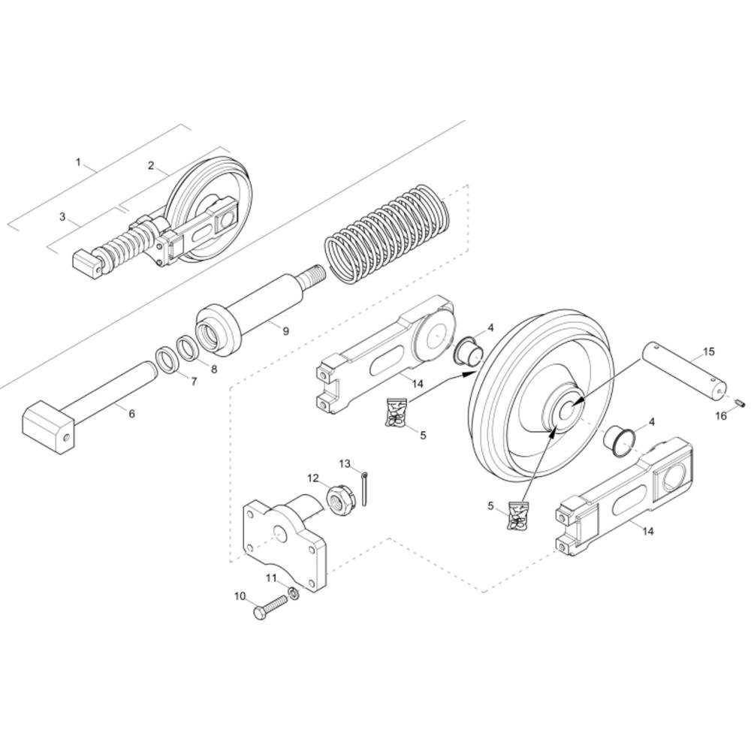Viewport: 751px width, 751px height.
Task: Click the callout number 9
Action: click(x=286, y=330)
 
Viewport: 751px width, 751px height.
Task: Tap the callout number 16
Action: click(x=721, y=416)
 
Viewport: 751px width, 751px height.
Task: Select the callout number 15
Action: click(x=709, y=351)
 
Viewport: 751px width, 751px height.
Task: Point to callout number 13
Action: click(x=345, y=463)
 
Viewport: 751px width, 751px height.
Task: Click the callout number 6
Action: click(x=132, y=412)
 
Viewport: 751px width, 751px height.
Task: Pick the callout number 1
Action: click(x=79, y=162)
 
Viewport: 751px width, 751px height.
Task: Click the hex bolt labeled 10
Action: click(x=270, y=609)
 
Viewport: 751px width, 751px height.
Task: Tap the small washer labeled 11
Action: click(x=294, y=594)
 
